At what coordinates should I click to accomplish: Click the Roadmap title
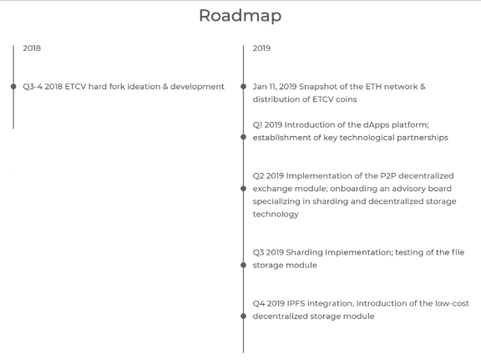(x=240, y=16)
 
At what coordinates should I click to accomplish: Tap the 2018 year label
(x=32, y=48)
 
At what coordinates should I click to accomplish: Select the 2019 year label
(x=261, y=48)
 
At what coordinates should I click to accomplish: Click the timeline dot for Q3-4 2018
(x=13, y=87)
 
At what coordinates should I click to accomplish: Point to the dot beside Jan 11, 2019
(x=243, y=87)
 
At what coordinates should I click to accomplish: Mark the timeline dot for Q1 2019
(x=243, y=137)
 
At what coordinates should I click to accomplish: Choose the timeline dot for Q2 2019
(x=243, y=189)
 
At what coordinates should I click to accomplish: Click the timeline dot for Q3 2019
(x=243, y=265)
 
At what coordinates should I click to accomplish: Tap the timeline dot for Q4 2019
(x=243, y=316)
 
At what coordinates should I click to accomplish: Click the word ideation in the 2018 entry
(x=144, y=87)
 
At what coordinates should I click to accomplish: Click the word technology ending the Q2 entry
(x=276, y=214)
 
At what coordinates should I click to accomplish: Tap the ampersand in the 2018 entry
(x=165, y=87)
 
